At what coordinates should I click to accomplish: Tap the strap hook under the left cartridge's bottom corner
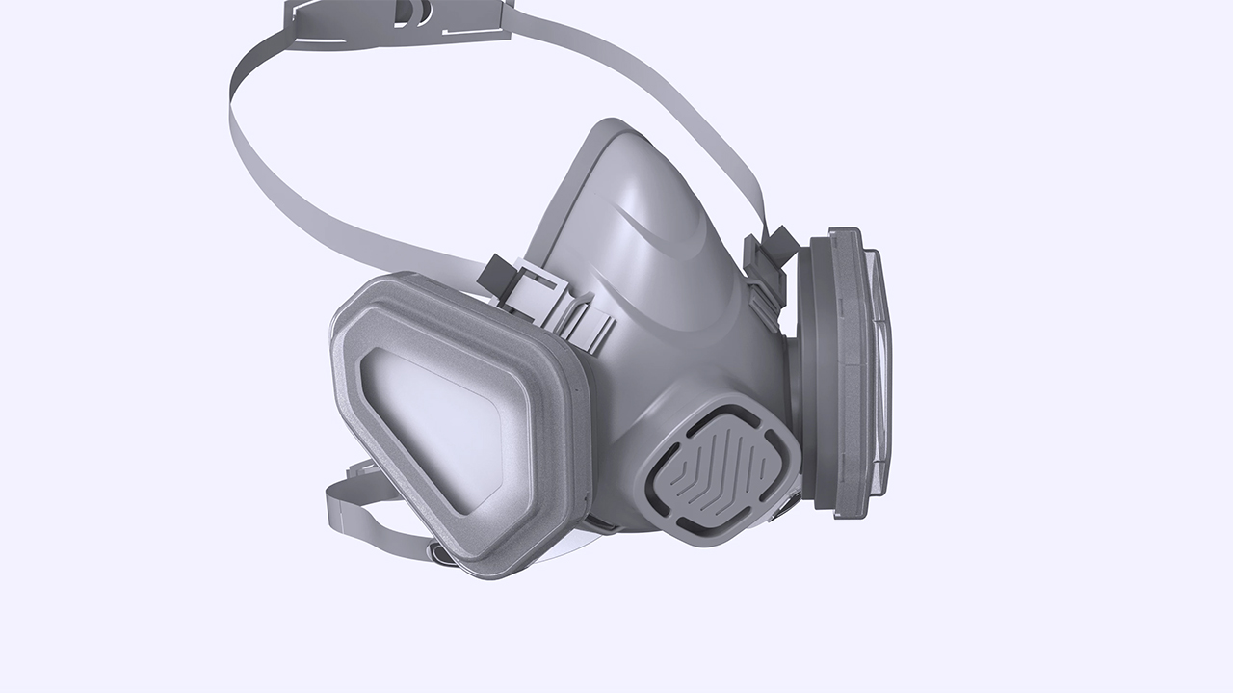pyautogui.click(x=443, y=554)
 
